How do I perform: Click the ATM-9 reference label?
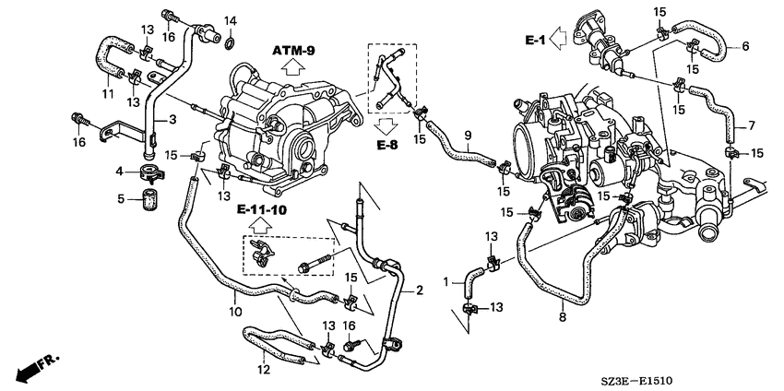coord(293,51)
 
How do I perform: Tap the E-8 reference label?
coord(387,146)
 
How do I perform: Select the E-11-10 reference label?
coord(262,210)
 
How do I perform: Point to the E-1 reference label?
coord(535,41)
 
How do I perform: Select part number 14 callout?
coord(230,21)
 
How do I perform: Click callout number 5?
coord(121,199)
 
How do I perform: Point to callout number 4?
coord(120,172)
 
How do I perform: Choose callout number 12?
coord(264,370)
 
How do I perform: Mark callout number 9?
coord(468,135)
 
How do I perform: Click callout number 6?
coord(745,46)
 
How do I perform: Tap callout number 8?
coord(563,316)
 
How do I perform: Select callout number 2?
coord(420,290)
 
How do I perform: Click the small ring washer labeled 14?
coord(231,43)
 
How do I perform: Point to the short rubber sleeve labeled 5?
coord(148,200)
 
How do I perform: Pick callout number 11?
coord(109,93)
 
